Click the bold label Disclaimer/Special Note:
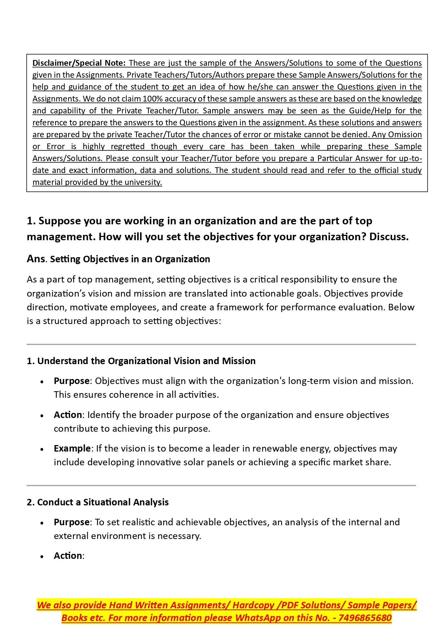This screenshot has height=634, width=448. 79,63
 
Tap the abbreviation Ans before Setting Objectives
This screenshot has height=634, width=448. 36,259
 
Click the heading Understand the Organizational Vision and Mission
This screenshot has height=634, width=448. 146,361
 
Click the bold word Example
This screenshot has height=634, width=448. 72,449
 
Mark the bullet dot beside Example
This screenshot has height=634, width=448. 42,449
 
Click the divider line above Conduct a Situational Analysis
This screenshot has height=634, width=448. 221,486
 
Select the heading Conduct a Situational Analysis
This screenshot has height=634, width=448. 103,503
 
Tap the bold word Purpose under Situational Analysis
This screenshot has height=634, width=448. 71,522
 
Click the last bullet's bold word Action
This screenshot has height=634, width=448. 68,556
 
